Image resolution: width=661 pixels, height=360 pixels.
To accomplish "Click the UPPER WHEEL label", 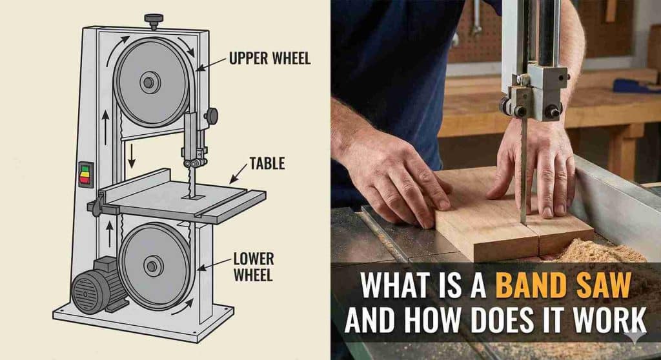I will [x=269, y=59].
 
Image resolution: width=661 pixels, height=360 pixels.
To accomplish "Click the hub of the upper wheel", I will [x=150, y=83].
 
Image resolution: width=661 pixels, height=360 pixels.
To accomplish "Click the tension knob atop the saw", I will [x=153, y=21].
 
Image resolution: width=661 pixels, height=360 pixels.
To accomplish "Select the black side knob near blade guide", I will [x=210, y=116].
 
